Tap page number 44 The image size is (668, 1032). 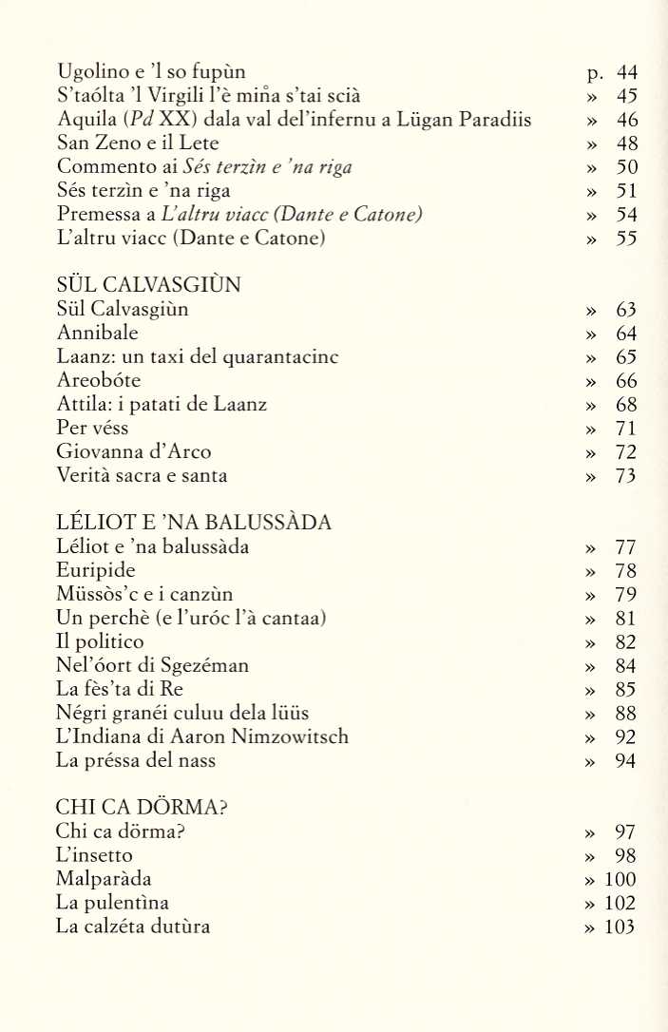626,72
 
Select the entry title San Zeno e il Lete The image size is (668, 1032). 138,143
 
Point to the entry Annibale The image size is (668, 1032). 97,334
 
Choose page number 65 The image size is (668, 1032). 625,357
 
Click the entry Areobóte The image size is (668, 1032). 99,381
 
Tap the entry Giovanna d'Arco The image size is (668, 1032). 134,452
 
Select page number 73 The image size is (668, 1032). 625,476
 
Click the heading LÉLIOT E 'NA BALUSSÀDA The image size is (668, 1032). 193,523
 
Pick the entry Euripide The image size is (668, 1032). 96,571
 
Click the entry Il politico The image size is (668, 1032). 101,642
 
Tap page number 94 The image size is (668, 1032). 625,761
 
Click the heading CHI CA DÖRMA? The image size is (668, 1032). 146,808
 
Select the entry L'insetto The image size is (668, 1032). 94,856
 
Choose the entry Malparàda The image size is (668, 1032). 105,880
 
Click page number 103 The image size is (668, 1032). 620,927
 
